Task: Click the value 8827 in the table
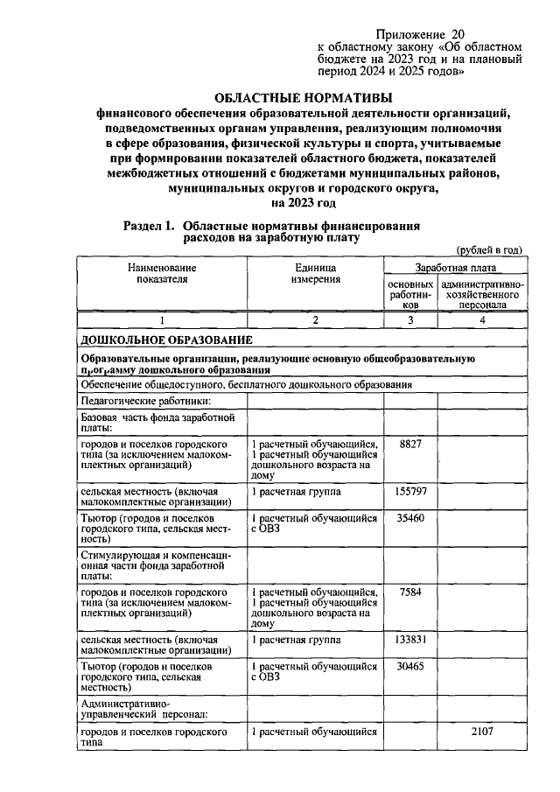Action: coord(410,445)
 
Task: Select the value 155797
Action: coord(410,493)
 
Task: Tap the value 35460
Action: coord(410,519)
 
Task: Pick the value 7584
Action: coord(410,593)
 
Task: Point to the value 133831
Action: coord(410,641)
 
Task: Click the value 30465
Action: coord(410,667)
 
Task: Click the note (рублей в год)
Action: coord(488,249)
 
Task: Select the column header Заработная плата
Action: coord(455,268)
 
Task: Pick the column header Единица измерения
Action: coord(315,273)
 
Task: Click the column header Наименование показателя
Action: coord(162,273)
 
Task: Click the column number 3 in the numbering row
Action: coord(410,320)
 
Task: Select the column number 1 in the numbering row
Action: coord(162,320)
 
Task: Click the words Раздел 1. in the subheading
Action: coord(150,225)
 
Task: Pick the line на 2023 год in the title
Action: coord(304,204)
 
